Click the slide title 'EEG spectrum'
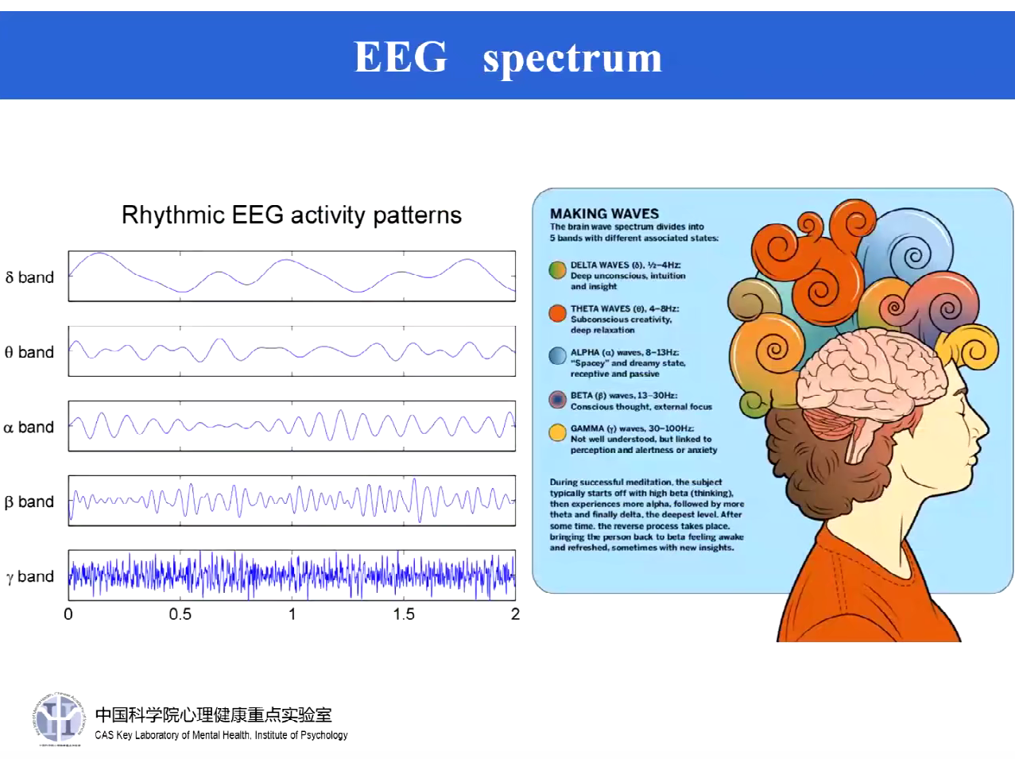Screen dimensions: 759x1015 tap(507, 57)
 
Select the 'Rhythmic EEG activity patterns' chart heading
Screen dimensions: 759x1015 tap(291, 215)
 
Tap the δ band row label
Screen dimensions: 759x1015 tap(29, 277)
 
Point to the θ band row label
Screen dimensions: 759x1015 tap(29, 352)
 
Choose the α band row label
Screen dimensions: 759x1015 tap(29, 428)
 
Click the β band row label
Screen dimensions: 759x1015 tap(29, 502)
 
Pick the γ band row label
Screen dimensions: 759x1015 tap(29, 577)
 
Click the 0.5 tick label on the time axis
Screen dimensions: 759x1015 tap(180, 614)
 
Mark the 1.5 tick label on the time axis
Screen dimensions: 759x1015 tap(404, 614)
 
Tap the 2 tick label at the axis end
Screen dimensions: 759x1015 tap(515, 614)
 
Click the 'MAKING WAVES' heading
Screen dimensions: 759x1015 tap(604, 214)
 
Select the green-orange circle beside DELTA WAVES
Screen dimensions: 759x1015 tap(557, 270)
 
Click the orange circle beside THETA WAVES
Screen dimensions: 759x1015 tap(557, 313)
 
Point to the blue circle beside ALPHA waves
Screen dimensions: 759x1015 tap(557, 356)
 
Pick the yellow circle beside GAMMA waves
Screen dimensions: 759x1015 tap(557, 432)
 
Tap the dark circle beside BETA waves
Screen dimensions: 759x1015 tap(557, 399)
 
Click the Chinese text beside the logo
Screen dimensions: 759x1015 tap(213, 714)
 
